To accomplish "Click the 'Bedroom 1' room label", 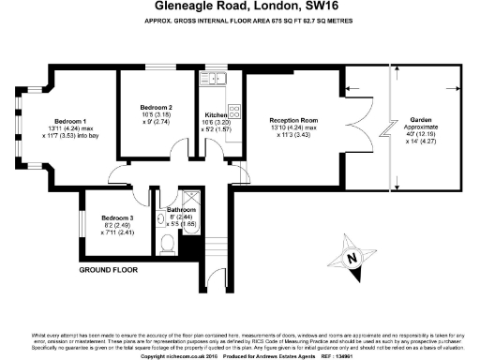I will (x=69, y=122).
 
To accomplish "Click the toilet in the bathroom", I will (x=166, y=246).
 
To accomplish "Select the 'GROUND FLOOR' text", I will (x=109, y=269).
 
